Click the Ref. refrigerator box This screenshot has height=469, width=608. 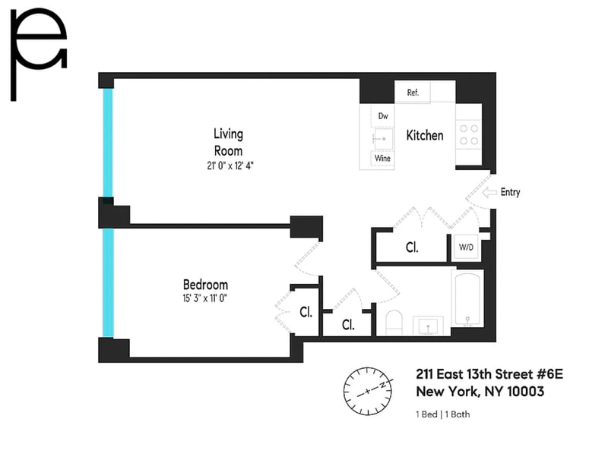point(412,92)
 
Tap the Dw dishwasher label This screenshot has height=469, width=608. point(383,116)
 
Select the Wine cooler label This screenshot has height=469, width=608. point(382,158)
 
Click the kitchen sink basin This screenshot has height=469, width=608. point(383,138)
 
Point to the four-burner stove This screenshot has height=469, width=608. point(469,134)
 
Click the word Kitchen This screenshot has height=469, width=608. point(425,135)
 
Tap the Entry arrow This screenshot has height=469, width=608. point(489,192)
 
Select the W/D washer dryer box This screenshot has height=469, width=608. point(466,247)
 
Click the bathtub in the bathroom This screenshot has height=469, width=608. point(467,298)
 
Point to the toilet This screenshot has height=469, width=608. point(394,323)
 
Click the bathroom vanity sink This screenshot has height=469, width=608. point(428,326)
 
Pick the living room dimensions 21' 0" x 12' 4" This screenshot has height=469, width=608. point(230,165)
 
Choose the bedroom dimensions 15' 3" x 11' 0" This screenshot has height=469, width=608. point(204,298)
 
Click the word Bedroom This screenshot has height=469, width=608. point(205,285)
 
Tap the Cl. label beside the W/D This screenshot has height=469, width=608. point(412,247)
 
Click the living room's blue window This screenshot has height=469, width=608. point(108,143)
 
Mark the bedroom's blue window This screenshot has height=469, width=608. point(108,283)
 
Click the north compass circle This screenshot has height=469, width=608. point(368,391)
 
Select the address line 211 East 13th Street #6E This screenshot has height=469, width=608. point(489,374)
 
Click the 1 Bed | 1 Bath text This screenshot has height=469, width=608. point(443,414)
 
